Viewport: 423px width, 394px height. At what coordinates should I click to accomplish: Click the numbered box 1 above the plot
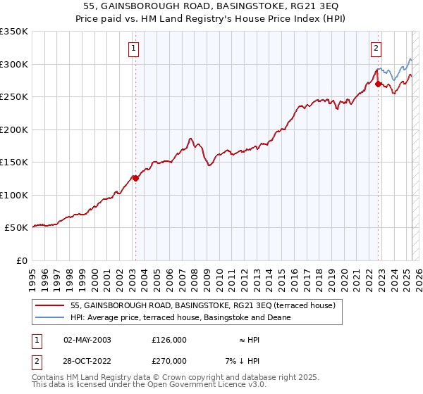(x=133, y=49)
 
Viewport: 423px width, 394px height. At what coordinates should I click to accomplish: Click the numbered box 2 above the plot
(x=376, y=49)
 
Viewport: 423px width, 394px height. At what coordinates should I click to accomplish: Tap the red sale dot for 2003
(x=135, y=178)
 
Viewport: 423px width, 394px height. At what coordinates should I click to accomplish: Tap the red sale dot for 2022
(x=379, y=84)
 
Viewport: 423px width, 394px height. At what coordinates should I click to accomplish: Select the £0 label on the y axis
(x=22, y=260)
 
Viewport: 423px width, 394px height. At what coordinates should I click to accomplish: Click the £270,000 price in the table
(x=169, y=361)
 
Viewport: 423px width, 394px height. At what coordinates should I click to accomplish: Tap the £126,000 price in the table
(x=169, y=340)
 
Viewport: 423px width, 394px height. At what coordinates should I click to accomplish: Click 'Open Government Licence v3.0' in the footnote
(x=205, y=385)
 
